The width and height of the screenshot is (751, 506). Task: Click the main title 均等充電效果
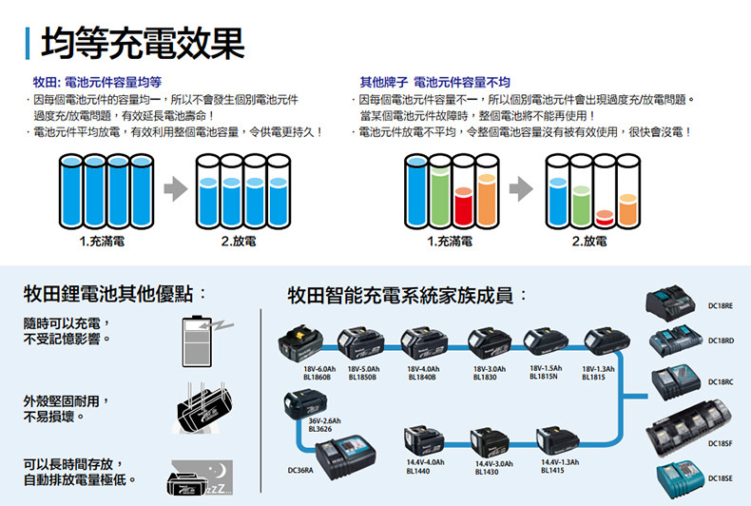143,43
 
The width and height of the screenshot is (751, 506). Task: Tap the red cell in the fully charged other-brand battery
464,206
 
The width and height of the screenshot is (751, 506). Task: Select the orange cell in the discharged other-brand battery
628,210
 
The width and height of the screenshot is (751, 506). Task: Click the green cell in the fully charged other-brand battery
440,197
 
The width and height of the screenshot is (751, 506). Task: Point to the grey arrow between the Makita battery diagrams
176,189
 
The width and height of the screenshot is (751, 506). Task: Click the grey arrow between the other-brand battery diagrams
521,189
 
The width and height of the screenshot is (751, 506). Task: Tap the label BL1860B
317,378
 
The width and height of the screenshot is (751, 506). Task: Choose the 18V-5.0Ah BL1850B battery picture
360,343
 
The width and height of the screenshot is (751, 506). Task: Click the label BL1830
485,378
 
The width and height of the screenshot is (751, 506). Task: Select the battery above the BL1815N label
546,342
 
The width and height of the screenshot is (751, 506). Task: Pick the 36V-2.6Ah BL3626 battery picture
305,404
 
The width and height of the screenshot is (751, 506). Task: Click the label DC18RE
721,305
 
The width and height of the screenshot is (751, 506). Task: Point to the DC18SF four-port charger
689,428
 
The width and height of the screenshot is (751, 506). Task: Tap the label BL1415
552,471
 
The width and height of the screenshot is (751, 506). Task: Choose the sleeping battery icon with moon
201,477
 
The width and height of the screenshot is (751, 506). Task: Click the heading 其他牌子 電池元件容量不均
434,83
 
